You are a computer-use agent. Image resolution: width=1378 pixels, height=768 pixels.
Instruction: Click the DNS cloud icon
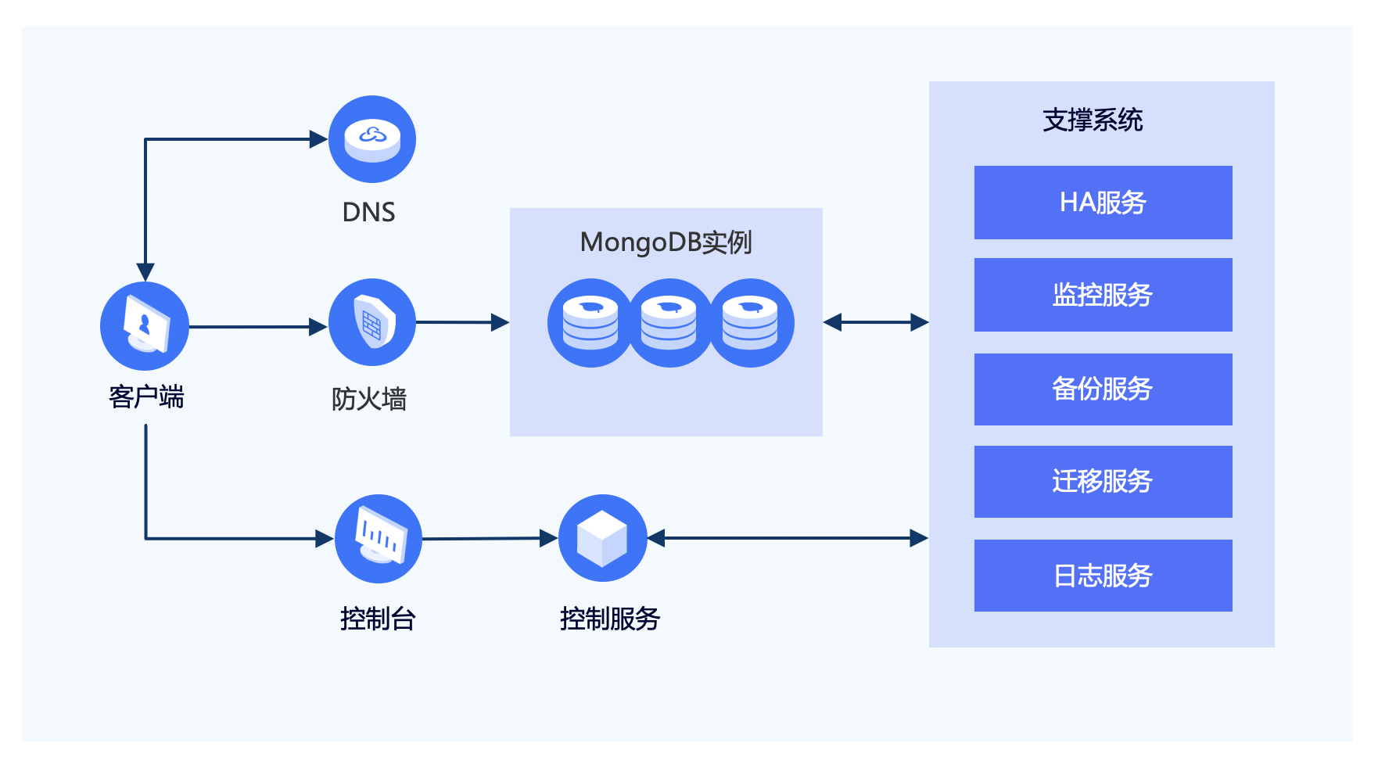[x=372, y=139]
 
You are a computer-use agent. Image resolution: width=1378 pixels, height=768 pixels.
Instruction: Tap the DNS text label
[x=368, y=212]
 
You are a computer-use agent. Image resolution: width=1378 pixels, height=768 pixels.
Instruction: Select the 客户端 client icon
[x=145, y=326]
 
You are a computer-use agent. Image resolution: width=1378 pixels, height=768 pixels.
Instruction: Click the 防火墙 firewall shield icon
[x=372, y=322]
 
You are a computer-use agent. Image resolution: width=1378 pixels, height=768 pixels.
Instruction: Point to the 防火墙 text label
[x=369, y=399]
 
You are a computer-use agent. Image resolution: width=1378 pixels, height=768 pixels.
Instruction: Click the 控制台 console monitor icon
[x=379, y=538]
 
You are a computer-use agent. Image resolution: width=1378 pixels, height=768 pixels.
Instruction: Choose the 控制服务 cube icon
[x=602, y=538]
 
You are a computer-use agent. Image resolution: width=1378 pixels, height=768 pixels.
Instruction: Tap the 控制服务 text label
[x=610, y=619]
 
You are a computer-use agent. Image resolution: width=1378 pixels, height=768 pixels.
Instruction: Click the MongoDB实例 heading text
[x=666, y=242]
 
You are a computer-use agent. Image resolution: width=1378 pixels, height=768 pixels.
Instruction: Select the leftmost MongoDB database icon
[x=590, y=323]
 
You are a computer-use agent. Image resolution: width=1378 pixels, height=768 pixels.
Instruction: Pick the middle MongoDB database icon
[x=669, y=323]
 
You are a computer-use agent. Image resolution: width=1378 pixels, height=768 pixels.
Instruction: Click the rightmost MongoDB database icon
[x=751, y=323]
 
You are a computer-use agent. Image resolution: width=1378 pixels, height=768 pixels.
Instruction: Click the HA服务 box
[x=1103, y=203]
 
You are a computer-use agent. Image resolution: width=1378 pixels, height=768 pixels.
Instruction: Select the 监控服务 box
[x=1103, y=295]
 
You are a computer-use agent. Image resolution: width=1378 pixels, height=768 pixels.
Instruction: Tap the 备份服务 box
[x=1103, y=389]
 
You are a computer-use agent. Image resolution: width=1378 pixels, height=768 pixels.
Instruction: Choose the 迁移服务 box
[x=1103, y=482]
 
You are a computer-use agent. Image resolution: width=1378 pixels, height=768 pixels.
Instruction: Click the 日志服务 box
[x=1103, y=576]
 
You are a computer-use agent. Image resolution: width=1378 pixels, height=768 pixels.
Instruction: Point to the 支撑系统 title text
[x=1093, y=120]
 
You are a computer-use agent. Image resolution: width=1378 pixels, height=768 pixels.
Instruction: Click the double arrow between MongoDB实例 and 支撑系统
[x=876, y=322]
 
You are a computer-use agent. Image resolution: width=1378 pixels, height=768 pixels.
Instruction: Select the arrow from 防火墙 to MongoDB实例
[x=461, y=322]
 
